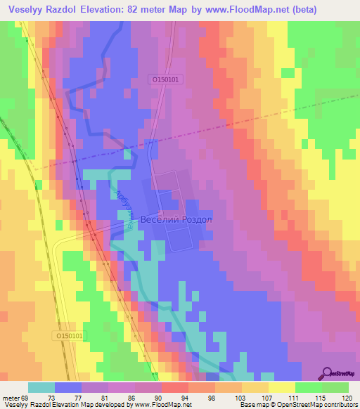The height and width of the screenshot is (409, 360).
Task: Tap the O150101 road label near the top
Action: pyautogui.click(x=167, y=80)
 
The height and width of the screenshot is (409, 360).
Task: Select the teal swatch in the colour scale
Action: pyautogui.click(x=41, y=387)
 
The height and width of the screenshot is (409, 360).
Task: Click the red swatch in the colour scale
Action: pyautogui.click(x=174, y=387)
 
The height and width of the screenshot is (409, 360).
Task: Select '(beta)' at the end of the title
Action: pyautogui.click(x=301, y=10)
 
